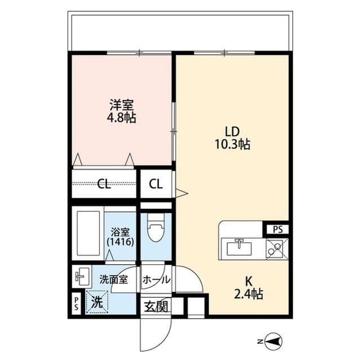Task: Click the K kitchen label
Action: [249, 281]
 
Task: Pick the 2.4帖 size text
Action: [249, 294]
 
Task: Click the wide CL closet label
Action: [103, 184]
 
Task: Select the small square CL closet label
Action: [156, 184]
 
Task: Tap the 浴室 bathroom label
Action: [120, 231]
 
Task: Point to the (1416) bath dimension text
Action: [120, 242]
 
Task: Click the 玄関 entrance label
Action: [155, 307]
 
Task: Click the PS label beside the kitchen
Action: [278, 229]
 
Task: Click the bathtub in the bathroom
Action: [88, 235]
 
